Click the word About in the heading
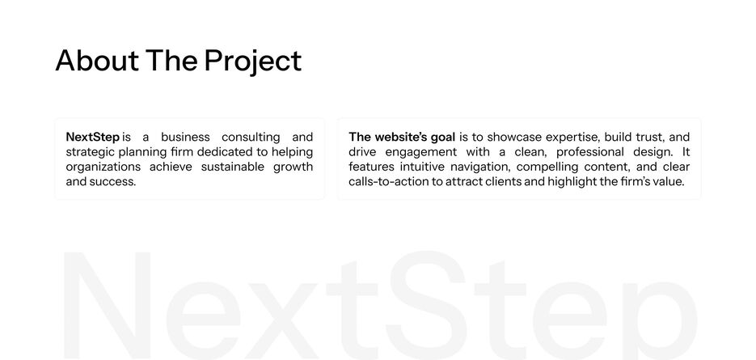tap(97, 61)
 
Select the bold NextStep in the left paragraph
tap(92, 137)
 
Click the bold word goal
tap(442, 138)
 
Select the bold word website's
tap(401, 137)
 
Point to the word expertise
tap(572, 138)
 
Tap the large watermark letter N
tap(107, 305)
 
